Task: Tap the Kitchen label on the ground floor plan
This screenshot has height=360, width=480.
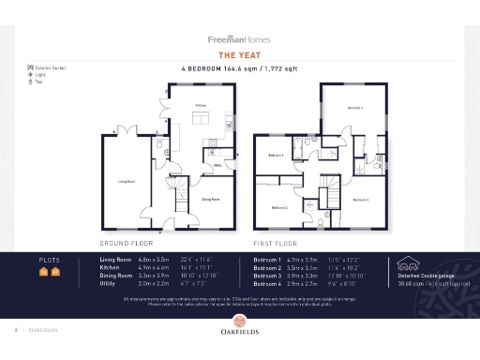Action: tap(201, 106)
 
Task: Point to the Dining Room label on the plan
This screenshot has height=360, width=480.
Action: tap(210, 199)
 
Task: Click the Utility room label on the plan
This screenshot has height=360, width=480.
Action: tap(217, 165)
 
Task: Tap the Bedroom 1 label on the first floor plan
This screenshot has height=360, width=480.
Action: tap(354, 109)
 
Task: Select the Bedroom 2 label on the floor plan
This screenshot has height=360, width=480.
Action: tap(279, 207)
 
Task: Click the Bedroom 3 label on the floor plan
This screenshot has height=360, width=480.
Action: tap(361, 199)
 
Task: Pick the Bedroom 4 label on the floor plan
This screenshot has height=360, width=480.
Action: tap(276, 155)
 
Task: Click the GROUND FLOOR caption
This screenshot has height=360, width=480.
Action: tap(127, 242)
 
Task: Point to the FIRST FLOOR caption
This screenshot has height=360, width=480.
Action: tap(275, 242)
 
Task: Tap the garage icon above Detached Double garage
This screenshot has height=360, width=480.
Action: tap(409, 263)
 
